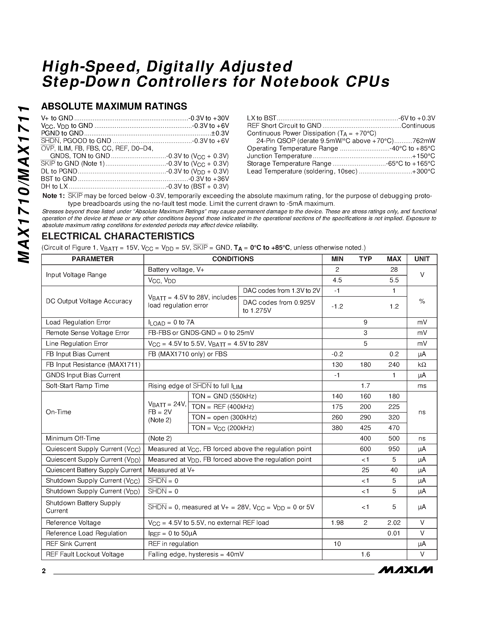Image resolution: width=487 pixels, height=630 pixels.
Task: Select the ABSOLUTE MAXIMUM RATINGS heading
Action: point(114,106)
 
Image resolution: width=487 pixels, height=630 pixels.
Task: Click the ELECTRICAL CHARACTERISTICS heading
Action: point(118,236)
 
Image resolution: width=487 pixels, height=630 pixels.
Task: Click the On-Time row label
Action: point(59,412)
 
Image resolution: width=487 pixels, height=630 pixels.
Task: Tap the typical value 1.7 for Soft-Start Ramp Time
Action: point(365,386)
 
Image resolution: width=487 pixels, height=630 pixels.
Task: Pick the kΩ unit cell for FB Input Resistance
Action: point(422,365)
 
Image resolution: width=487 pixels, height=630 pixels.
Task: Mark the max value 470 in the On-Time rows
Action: point(394,428)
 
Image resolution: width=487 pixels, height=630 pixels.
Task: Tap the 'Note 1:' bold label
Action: point(53,196)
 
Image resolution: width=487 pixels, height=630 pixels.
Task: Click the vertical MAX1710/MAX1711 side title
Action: point(24,185)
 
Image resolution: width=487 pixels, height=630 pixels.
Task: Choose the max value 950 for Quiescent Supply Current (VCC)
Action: point(394,449)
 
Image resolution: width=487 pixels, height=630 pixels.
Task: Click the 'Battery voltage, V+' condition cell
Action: point(176,270)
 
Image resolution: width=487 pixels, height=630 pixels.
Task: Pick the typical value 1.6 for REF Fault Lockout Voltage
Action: point(365,554)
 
